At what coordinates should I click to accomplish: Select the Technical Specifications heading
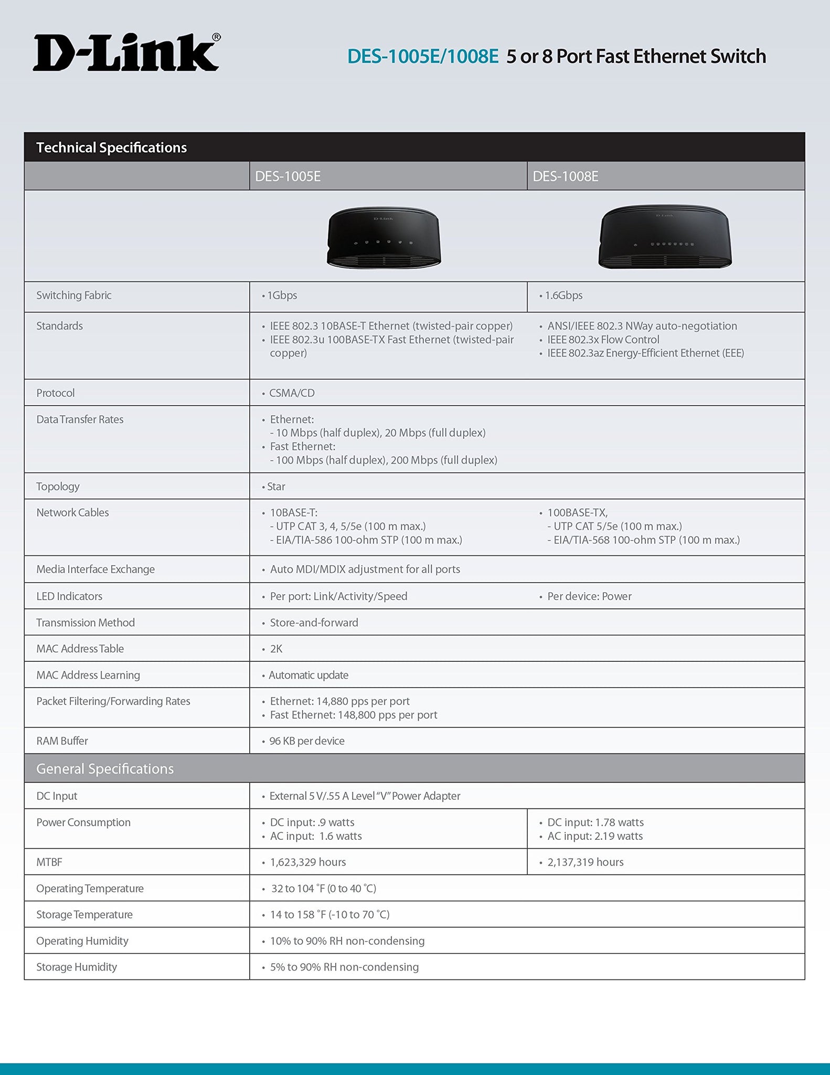tap(111, 147)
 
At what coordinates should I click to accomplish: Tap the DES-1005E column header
tap(288, 176)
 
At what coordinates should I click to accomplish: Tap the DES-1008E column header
tap(565, 176)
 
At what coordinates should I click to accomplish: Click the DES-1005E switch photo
tap(384, 237)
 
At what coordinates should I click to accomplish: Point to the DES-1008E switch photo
tap(665, 237)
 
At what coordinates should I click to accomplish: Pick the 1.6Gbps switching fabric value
tap(563, 296)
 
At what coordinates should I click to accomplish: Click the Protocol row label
tap(55, 393)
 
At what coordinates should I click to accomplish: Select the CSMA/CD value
tap(292, 393)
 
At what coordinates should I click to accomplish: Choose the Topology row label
tap(58, 487)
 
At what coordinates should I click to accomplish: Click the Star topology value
tap(276, 487)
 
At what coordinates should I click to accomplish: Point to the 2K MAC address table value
tap(276, 649)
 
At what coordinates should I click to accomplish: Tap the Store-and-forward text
tap(314, 623)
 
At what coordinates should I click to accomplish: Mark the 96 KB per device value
tap(307, 741)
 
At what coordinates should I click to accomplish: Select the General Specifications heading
tap(104, 769)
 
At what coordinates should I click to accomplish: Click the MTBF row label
tap(49, 862)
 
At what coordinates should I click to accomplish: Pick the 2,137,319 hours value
tap(585, 862)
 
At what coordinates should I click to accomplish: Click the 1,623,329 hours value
tap(308, 862)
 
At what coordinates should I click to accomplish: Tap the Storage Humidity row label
tap(77, 967)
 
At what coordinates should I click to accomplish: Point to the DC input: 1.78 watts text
tap(595, 823)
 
